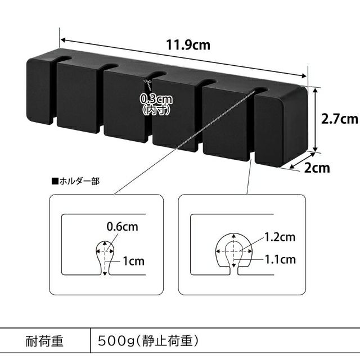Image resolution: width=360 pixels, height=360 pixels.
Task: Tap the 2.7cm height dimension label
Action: coord(339,119)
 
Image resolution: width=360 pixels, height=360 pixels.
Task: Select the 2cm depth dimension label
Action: coord(317,167)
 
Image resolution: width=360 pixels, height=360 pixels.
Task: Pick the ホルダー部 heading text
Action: coord(75,182)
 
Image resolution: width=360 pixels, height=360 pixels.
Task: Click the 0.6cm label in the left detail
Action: coord(122,227)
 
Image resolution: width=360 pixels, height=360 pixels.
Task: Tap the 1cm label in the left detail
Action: coord(134,260)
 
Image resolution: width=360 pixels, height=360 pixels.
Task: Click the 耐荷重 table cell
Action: coord(45,341)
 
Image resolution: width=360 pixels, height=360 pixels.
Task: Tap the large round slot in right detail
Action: coord(233,251)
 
